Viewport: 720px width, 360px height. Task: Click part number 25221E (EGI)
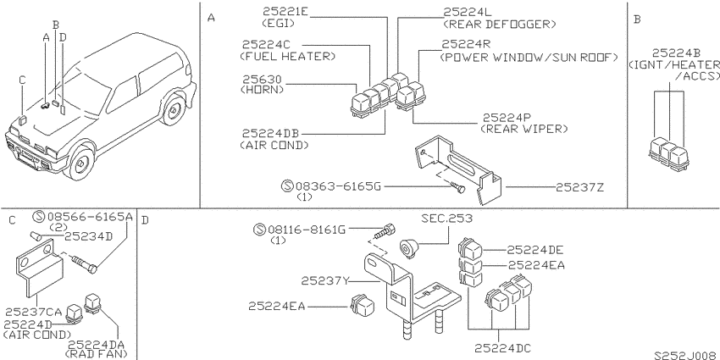tap(285, 12)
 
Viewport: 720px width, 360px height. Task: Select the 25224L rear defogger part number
tap(468, 12)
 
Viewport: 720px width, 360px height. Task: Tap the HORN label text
tap(263, 90)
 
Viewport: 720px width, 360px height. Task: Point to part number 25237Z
tap(579, 187)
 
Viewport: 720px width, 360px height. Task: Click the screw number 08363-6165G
tap(338, 186)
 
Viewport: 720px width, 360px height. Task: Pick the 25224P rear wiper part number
tap(507, 118)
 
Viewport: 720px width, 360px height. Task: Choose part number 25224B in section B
tap(677, 53)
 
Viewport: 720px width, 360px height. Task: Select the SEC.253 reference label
tap(446, 218)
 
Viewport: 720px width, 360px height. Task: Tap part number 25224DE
tap(535, 250)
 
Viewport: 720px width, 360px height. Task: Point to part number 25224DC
tap(502, 348)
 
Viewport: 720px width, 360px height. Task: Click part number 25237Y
tap(325, 280)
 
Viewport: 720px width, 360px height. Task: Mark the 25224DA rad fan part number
tap(97, 345)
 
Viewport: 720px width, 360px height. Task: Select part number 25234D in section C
tap(88, 236)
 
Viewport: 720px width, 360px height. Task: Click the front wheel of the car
tap(80, 163)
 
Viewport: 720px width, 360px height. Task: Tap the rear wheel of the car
tap(173, 110)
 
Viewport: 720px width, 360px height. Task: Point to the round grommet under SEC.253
tap(408, 248)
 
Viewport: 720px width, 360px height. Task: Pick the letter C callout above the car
tap(22, 80)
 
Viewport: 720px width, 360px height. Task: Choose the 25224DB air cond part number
tap(270, 134)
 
